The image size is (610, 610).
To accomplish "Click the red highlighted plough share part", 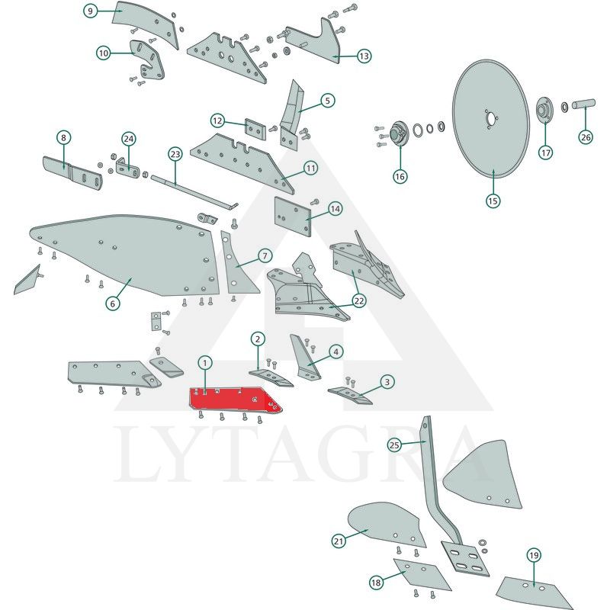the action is click(233, 400).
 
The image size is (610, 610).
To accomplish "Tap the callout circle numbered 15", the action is click(493, 201).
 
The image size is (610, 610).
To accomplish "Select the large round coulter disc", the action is click(491, 119).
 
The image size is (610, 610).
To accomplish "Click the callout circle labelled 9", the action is click(90, 11).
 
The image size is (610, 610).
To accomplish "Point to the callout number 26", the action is click(586, 137).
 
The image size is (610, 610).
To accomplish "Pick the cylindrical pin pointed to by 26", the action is click(583, 104).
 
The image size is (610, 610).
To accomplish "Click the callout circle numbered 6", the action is click(113, 303).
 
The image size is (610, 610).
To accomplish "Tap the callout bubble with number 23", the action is click(175, 155).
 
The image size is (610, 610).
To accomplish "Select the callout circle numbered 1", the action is click(205, 364).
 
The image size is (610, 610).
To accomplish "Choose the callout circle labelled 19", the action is click(534, 555).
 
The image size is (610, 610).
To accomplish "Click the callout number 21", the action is click(339, 541).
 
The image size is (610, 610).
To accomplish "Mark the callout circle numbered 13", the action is click(364, 56).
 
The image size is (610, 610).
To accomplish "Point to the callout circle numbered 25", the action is click(394, 445).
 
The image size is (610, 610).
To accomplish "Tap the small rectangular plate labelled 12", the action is click(255, 129).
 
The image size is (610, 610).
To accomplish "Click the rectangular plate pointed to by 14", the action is click(293, 217).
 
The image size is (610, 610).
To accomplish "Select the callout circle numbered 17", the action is click(546, 152).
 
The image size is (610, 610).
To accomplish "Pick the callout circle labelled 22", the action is click(358, 300).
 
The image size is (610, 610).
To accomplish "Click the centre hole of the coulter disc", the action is click(491, 118).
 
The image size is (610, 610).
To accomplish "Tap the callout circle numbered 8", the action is click(64, 137).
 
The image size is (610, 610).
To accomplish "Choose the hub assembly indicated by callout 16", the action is click(398, 134).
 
